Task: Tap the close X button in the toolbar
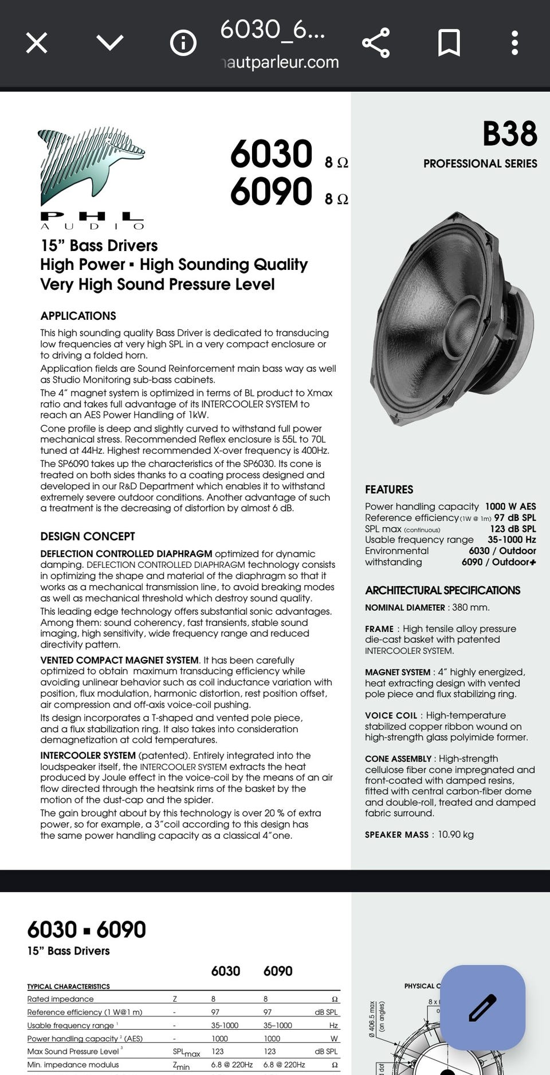(x=37, y=43)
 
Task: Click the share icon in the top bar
(x=376, y=43)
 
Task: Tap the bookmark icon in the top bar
(x=449, y=43)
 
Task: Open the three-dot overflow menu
(x=514, y=43)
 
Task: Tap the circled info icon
(x=183, y=43)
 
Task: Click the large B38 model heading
(x=509, y=134)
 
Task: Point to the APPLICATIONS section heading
(x=78, y=316)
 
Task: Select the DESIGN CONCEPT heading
(x=88, y=536)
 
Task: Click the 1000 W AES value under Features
(x=510, y=507)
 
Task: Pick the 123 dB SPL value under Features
(x=513, y=529)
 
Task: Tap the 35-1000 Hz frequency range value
(x=512, y=540)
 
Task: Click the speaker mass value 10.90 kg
(x=455, y=834)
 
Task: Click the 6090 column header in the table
(x=278, y=971)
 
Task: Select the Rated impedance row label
(x=60, y=999)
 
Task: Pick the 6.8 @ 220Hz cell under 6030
(x=231, y=1065)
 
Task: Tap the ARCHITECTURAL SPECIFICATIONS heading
(x=442, y=590)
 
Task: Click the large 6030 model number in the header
(x=271, y=154)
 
